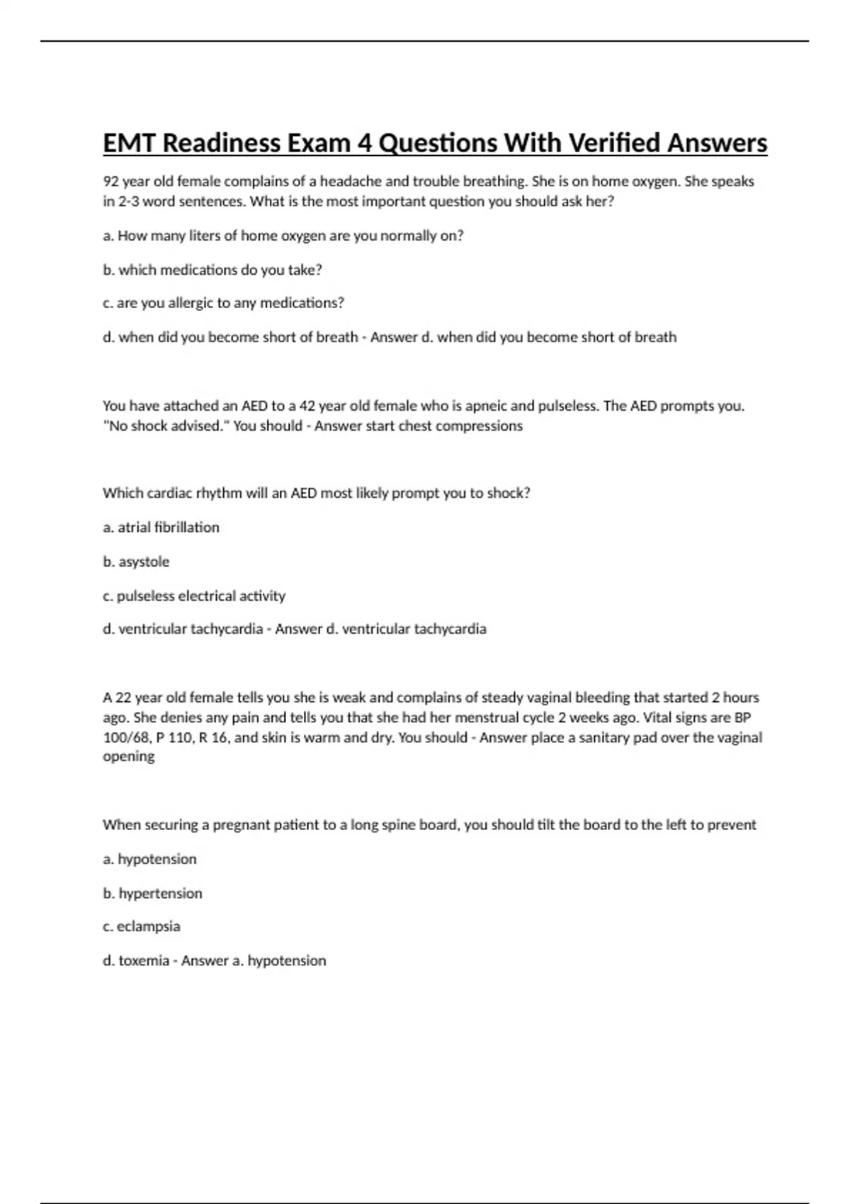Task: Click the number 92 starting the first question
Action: [110, 181]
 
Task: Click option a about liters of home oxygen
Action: [283, 236]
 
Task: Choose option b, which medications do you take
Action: [212, 270]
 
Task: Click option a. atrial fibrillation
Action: [161, 528]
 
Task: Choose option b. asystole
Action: [136, 562]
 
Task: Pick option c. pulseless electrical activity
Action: [194, 596]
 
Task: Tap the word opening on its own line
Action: [128, 756]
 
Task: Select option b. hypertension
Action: [152, 894]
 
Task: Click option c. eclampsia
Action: [142, 926]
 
